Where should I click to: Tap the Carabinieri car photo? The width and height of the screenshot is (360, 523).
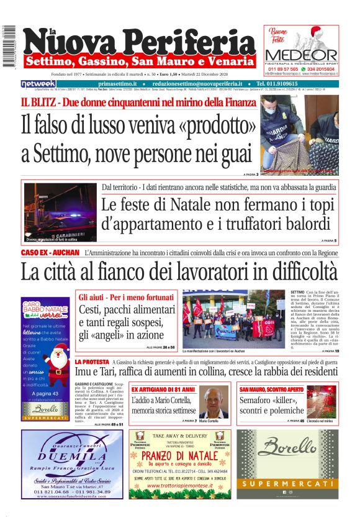(x=59, y=212)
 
